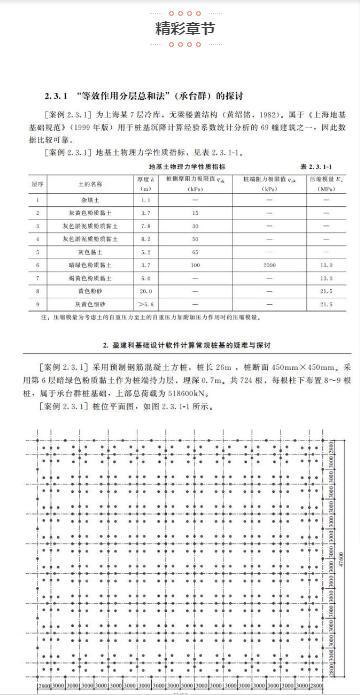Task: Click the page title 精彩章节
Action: pos(180,30)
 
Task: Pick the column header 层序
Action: pos(37,183)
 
